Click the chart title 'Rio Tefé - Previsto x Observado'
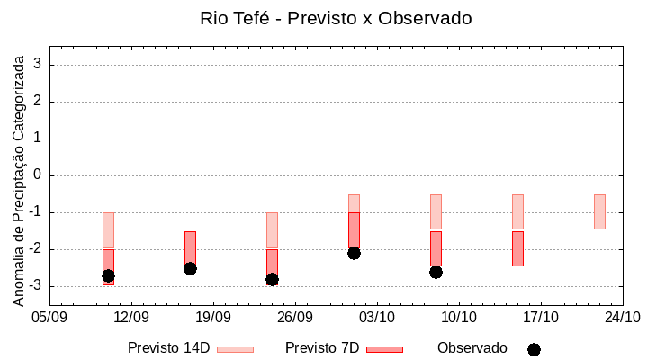pyautogui.click(x=335, y=18)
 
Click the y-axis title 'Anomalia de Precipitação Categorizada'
pyautogui.click(x=19, y=179)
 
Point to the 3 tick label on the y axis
pyautogui.click(x=38, y=65)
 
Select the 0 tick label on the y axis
pyautogui.click(x=38, y=175)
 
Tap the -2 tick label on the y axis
pyautogui.click(x=35, y=249)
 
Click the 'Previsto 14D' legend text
pyautogui.click(x=168, y=348)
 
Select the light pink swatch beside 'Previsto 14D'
pyautogui.click(x=235, y=349)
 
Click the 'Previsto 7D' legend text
pyautogui.click(x=322, y=348)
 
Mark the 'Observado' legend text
pyautogui.click(x=472, y=348)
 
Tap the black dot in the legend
pyautogui.click(x=534, y=349)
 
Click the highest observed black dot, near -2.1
pyautogui.click(x=354, y=253)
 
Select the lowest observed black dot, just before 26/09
pyautogui.click(x=272, y=279)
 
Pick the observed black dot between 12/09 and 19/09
pyautogui.click(x=190, y=268)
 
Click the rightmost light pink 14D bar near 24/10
pyautogui.click(x=599, y=211)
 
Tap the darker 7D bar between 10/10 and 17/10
pyautogui.click(x=517, y=248)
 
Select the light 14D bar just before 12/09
pyautogui.click(x=108, y=229)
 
